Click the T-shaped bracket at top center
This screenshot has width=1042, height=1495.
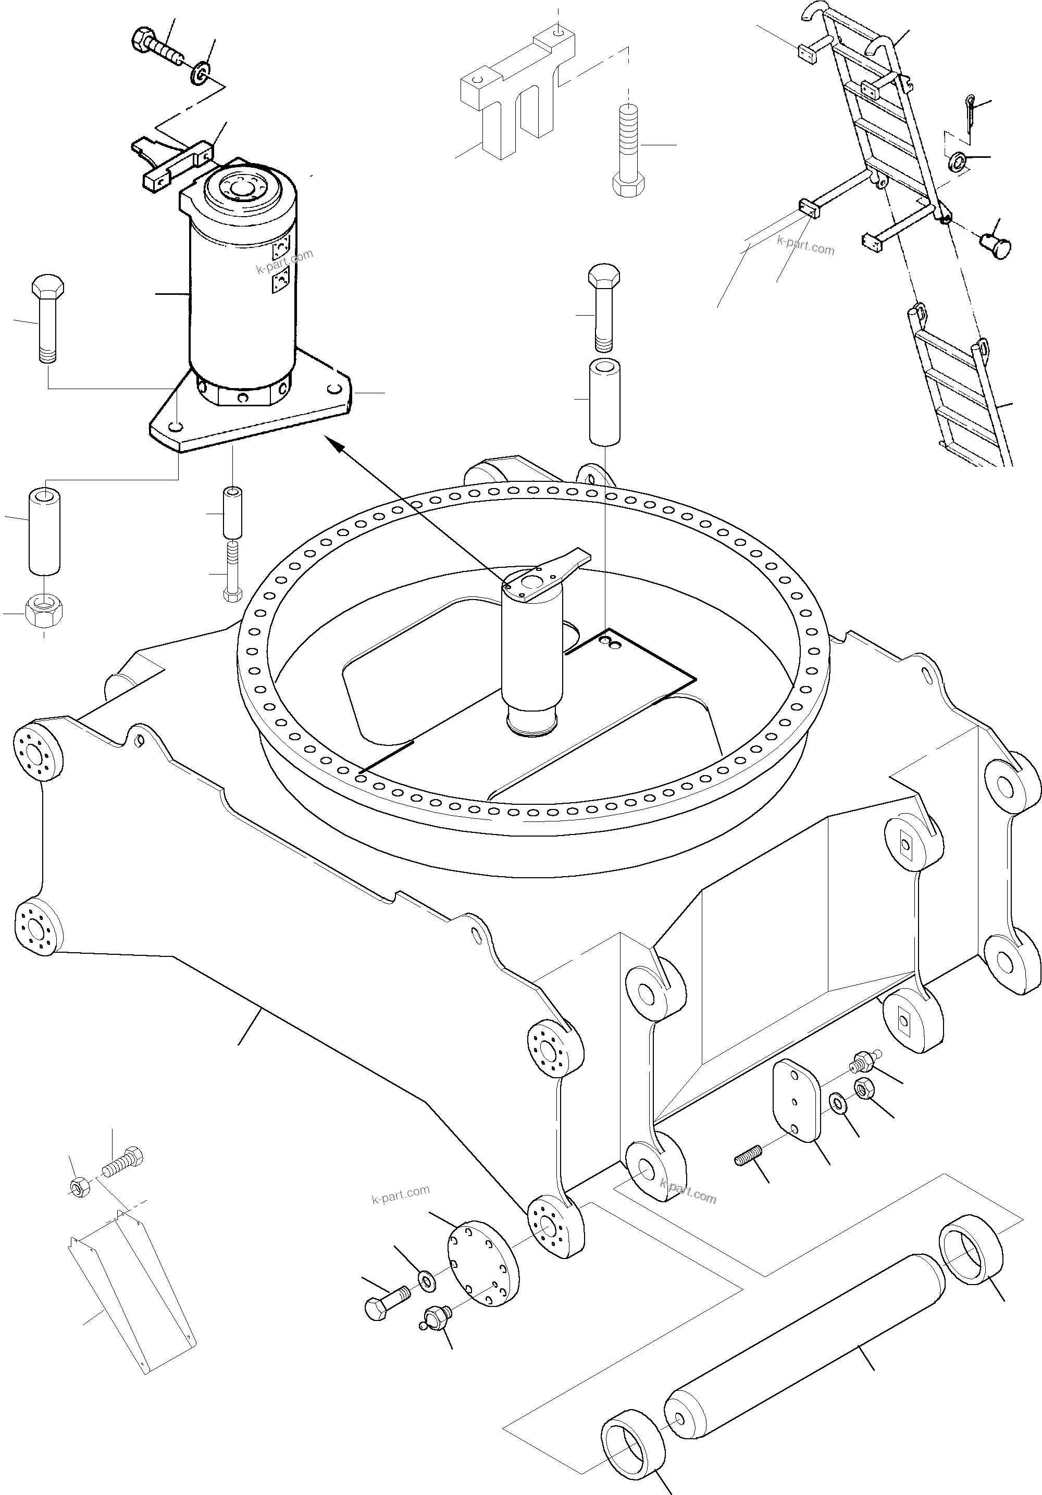point(515,98)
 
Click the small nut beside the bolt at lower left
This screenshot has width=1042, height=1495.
point(78,1188)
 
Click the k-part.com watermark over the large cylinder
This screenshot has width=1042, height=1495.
point(284,260)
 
